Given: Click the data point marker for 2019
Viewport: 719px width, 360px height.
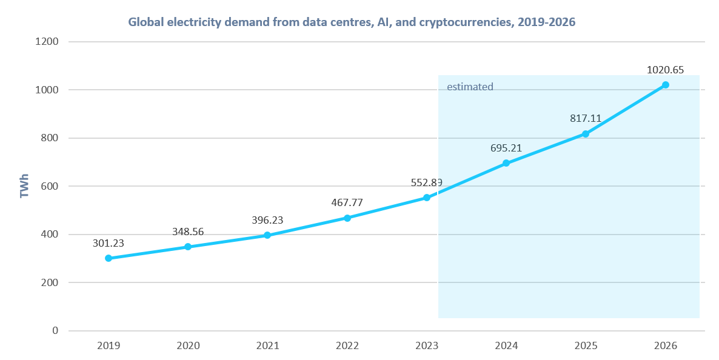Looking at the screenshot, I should [109, 258].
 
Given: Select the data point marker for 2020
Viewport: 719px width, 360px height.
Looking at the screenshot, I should [188, 247].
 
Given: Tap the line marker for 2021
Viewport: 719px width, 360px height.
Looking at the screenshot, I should [267, 235].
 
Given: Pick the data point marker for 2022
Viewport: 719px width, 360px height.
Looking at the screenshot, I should [347, 218].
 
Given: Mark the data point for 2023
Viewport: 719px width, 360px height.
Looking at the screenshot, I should [427, 198].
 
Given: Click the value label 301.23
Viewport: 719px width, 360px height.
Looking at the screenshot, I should [109, 243].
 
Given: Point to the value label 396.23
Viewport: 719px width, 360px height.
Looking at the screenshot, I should [267, 220].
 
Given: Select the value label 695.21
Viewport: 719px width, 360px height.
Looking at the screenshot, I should [506, 148].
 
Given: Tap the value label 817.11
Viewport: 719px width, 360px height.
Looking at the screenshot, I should [586, 118].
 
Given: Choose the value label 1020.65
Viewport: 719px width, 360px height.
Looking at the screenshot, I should [665, 70].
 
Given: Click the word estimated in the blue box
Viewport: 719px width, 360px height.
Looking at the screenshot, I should [470, 87].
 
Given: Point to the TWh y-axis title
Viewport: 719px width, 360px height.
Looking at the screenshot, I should [25, 187].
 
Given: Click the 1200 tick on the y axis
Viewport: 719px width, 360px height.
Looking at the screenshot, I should [47, 42].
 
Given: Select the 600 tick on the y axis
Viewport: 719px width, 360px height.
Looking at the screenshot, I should [50, 186].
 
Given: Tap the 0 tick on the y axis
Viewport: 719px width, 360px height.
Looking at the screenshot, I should [55, 331].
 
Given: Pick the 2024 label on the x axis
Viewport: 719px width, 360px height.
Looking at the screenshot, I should [506, 345].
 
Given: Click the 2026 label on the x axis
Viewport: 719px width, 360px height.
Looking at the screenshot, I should [665, 345].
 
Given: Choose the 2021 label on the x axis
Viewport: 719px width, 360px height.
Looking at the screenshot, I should [267, 345].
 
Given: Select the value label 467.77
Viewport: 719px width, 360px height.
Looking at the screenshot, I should [347, 202].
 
